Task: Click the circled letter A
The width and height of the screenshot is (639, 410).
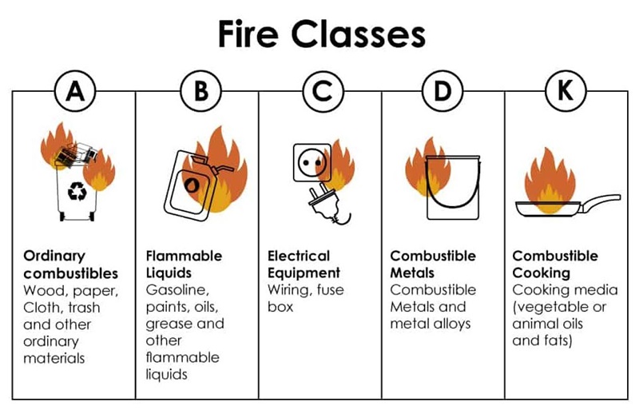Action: coord(75,91)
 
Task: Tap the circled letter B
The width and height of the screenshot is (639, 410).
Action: coord(201,91)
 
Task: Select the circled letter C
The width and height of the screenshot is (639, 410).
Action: coord(323,91)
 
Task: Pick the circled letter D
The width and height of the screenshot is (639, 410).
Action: coord(443,91)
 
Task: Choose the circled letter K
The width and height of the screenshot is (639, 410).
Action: coord(566,91)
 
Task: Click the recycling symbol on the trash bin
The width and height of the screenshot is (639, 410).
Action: coord(77,191)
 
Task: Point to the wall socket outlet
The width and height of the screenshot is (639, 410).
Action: coord(312,162)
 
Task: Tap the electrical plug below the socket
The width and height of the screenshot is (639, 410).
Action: coord(327,204)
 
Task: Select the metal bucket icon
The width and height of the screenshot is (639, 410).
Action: coord(452,187)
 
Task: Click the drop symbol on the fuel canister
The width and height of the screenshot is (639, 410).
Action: coord(192,184)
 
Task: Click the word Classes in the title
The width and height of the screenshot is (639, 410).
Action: coord(358,34)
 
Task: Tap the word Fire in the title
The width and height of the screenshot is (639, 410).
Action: coord(248,34)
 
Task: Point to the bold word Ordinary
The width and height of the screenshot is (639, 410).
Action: coord(54,257)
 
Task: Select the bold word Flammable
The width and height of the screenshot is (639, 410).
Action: coord(184,256)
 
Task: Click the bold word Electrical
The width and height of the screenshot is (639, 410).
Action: coord(299,256)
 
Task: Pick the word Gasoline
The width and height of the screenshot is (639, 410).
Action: coord(177,289)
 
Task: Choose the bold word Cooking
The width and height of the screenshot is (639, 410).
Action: coord(542,273)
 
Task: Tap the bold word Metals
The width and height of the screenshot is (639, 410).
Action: coord(412,273)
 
